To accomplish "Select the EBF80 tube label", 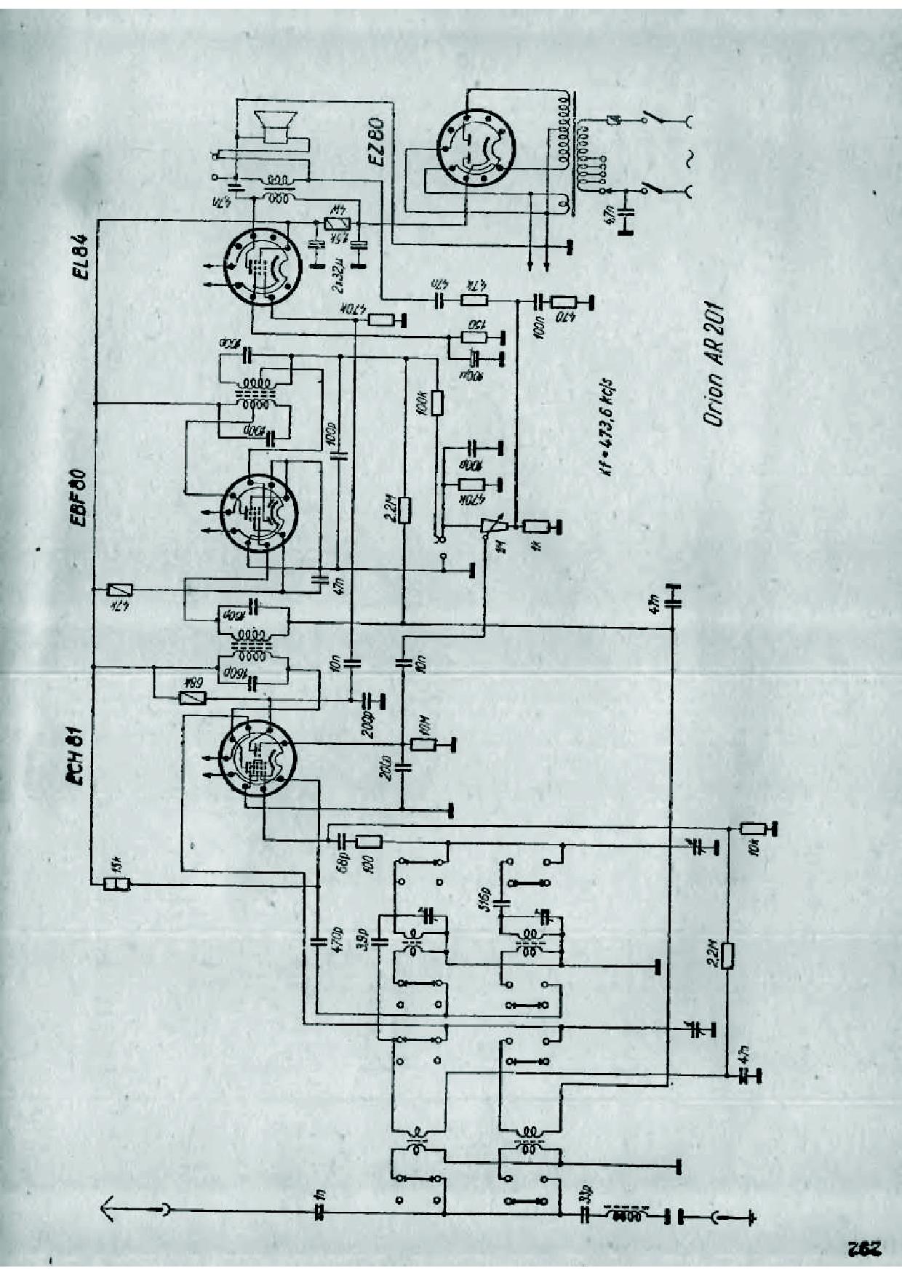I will tap(80, 499).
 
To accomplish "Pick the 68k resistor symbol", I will tap(193, 697).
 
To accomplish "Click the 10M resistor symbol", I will tap(423, 743).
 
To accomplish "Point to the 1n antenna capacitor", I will tap(318, 1213).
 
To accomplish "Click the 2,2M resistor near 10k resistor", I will tap(727, 955).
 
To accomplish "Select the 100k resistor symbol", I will tap(436, 402).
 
